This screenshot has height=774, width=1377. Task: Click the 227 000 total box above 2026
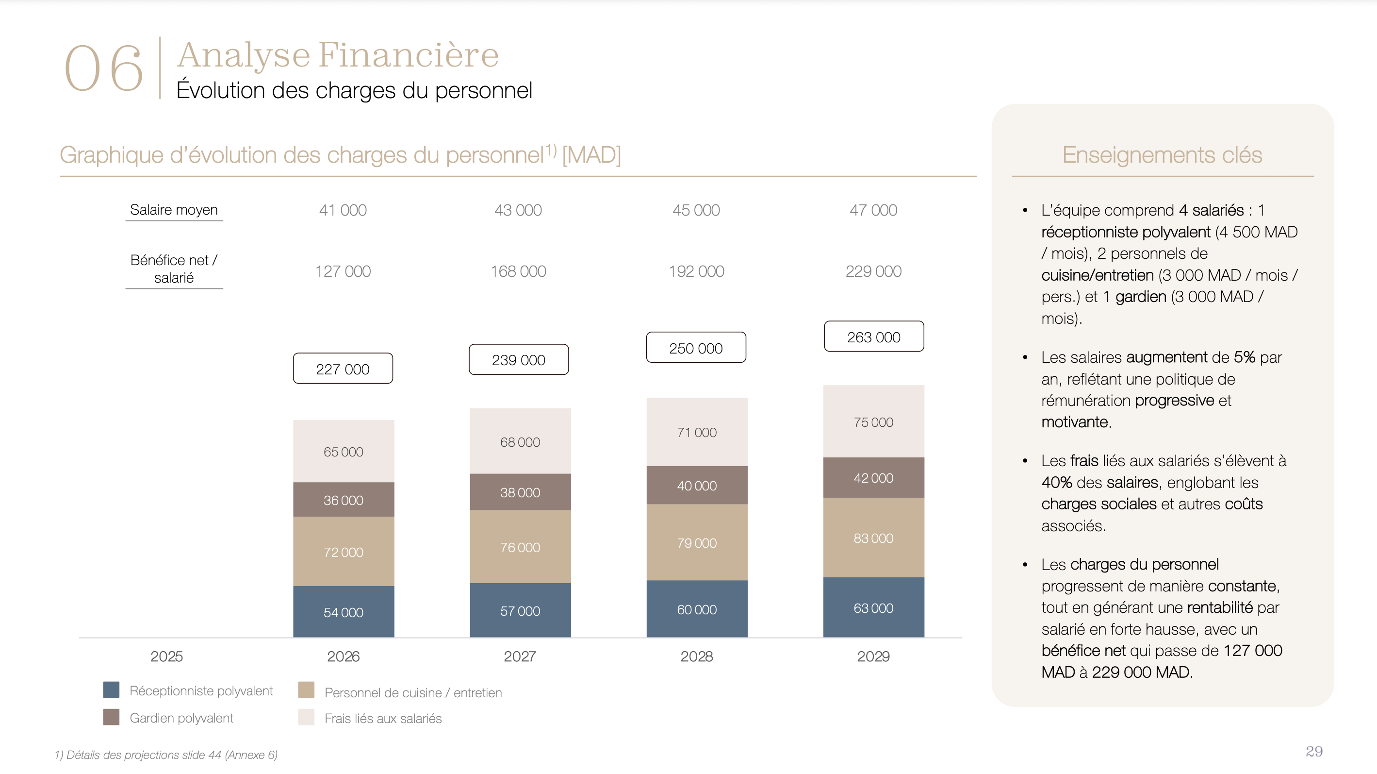pyautogui.click(x=343, y=369)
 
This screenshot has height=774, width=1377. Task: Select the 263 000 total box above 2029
pyautogui.click(x=874, y=337)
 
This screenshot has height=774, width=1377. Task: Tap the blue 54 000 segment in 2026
pyautogui.click(x=344, y=611)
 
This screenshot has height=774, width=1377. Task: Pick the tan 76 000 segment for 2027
pyautogui.click(x=520, y=547)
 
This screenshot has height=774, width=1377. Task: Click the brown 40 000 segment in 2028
pyautogui.click(x=697, y=485)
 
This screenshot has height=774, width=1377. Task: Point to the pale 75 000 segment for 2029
pyautogui.click(x=873, y=421)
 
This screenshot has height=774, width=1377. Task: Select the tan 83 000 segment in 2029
pyautogui.click(x=873, y=538)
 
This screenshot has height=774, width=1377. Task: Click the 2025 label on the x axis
pyautogui.click(x=166, y=656)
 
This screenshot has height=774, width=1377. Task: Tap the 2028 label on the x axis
pyautogui.click(x=697, y=656)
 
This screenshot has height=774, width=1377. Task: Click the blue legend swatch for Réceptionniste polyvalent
pyautogui.click(x=111, y=690)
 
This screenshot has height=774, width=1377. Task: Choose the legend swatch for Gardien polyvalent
pyautogui.click(x=111, y=717)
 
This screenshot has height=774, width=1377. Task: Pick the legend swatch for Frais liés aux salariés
pyautogui.click(x=306, y=717)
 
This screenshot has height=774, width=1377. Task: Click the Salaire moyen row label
pyautogui.click(x=174, y=210)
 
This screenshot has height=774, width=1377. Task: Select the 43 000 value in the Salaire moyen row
pyautogui.click(x=518, y=210)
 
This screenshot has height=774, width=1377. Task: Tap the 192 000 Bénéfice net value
pyautogui.click(x=697, y=271)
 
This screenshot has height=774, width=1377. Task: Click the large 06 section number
pyautogui.click(x=104, y=68)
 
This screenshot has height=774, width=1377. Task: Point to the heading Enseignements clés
pyautogui.click(x=1162, y=155)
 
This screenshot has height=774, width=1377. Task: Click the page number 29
pyautogui.click(x=1314, y=752)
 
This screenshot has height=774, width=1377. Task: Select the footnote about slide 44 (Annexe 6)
pyautogui.click(x=166, y=755)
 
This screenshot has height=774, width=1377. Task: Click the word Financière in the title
pyautogui.click(x=409, y=54)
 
